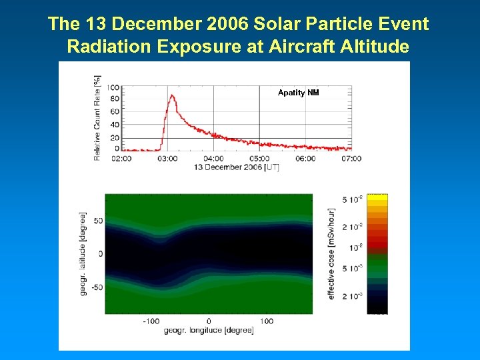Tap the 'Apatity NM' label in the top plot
[x=298, y=93]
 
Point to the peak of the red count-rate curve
[x=172, y=95]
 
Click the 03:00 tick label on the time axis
[x=167, y=159]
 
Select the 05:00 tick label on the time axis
[x=259, y=159]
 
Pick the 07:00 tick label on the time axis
[x=351, y=159]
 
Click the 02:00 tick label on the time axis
[x=121, y=159]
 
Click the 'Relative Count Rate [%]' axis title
[x=97, y=117]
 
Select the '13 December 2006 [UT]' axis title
[x=237, y=167]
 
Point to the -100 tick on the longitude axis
[x=152, y=321]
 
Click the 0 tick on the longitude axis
[x=209, y=321]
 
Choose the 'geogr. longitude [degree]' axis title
[x=209, y=330]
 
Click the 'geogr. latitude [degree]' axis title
[x=83, y=253]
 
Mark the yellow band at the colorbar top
[x=377, y=198]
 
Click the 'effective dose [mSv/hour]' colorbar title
[x=331, y=253]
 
